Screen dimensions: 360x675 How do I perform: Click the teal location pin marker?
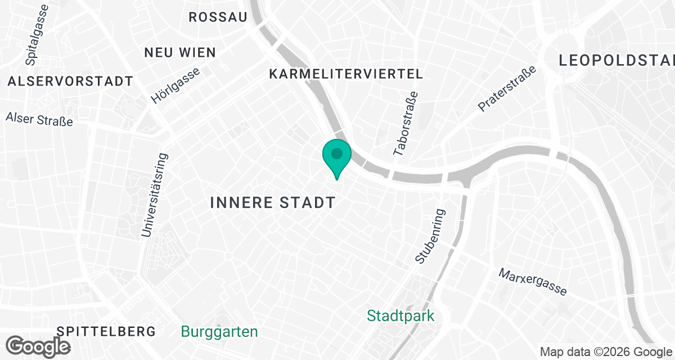pos(337,155)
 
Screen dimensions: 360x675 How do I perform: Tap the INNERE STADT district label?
pos(273,202)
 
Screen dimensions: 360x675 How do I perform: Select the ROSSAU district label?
pos(218,17)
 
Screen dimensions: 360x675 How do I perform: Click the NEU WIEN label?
pos(180,53)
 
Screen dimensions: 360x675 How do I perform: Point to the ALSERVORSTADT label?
pos(70,82)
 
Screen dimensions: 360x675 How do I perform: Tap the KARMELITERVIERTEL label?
pos(346,74)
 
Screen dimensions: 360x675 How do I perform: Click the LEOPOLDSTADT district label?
pos(616,60)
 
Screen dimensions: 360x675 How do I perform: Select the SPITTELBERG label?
pos(106,331)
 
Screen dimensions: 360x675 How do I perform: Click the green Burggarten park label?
pos(219,332)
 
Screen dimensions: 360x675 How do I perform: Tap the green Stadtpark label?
pos(400,316)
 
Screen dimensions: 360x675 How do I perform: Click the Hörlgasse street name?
pos(175,85)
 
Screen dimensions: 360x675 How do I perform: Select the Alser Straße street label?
pos(39,119)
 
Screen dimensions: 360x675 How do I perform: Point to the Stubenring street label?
pos(430,236)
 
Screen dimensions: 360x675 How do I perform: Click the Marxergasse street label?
pos(532,282)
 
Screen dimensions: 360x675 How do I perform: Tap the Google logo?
pos(38,346)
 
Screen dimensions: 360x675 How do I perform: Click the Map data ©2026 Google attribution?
pos(606,352)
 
